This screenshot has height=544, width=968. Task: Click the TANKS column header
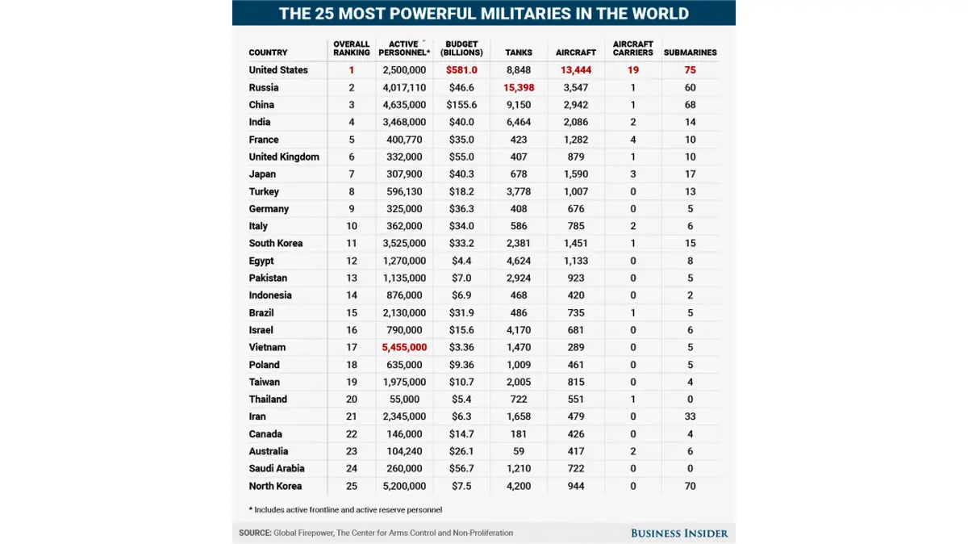click(519, 52)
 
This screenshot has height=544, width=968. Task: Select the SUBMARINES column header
click(690, 52)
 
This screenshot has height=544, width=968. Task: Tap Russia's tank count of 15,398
click(519, 87)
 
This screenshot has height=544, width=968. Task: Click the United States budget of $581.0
click(461, 70)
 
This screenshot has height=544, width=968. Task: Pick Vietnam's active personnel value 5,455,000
click(404, 347)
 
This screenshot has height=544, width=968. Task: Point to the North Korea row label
click(275, 486)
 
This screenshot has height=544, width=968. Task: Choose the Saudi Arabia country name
click(276, 468)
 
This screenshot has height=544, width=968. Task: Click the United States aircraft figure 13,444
click(576, 70)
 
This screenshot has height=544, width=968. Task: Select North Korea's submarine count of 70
click(690, 486)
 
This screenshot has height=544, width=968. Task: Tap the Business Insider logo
click(679, 533)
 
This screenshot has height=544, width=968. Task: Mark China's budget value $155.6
click(461, 105)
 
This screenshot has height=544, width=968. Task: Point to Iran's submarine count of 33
click(690, 416)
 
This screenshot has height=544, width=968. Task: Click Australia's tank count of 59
click(519, 451)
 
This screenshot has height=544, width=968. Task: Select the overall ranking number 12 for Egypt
click(352, 261)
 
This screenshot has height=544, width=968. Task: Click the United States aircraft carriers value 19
click(633, 70)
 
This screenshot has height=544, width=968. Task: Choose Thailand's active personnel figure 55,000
click(404, 399)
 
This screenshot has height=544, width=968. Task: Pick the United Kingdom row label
click(284, 157)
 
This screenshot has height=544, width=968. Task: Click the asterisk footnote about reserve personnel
click(345, 509)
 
